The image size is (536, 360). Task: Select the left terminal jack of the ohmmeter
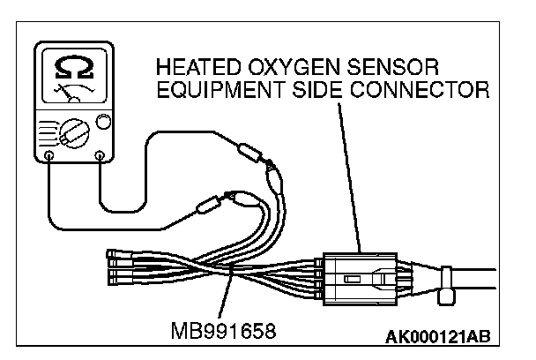pos(48,155)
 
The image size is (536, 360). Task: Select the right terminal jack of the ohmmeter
pos(99,155)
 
